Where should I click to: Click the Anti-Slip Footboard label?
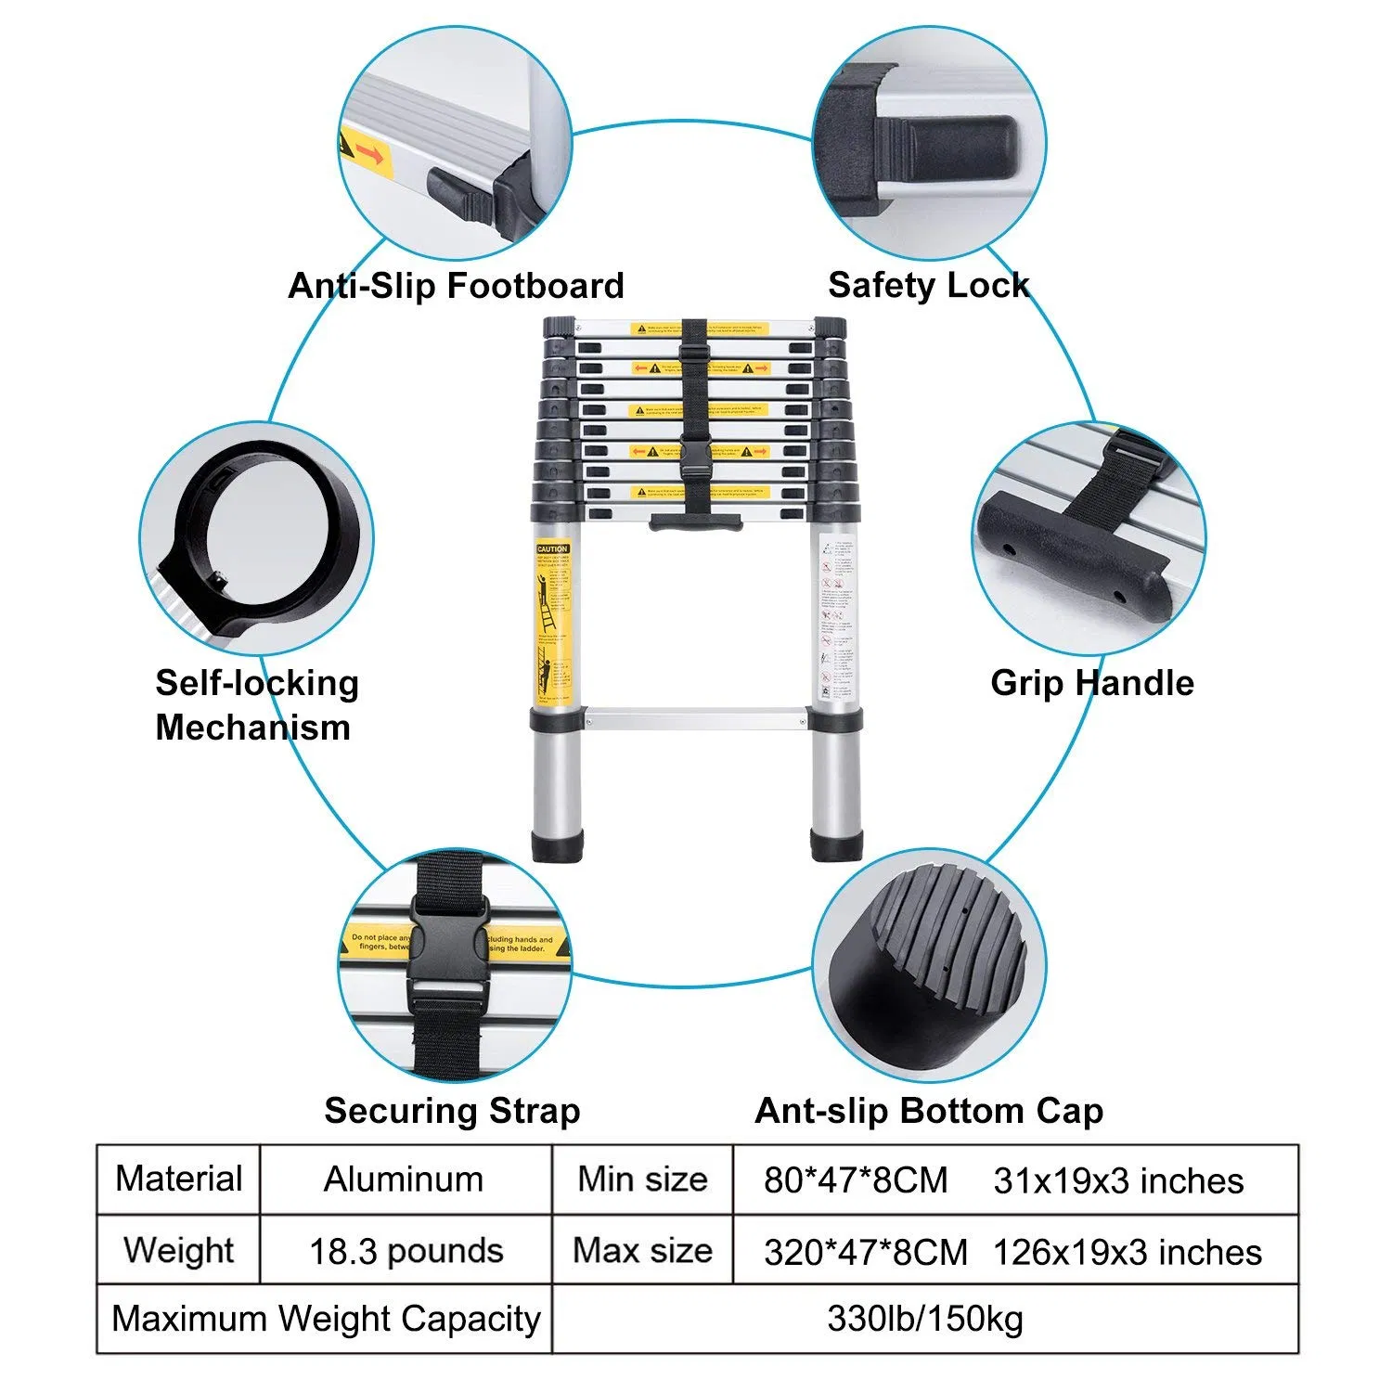click(x=456, y=286)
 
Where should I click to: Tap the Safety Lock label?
click(x=928, y=285)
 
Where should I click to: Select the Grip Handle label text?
click(x=1091, y=683)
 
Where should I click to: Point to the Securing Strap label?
click(x=452, y=1111)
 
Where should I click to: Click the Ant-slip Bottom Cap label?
click(x=929, y=1111)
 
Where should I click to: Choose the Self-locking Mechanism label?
click(x=256, y=705)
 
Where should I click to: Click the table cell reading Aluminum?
click(x=404, y=1179)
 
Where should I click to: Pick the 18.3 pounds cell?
click(x=406, y=1251)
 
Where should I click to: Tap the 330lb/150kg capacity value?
click(x=924, y=1319)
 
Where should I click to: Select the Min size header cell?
click(x=642, y=1179)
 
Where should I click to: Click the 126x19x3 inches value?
click(x=1127, y=1252)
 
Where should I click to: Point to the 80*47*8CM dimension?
click(x=856, y=1180)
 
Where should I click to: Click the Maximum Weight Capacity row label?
click(x=325, y=1319)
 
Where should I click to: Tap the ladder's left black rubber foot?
click(x=558, y=845)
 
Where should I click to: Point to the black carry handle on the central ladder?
click(x=696, y=522)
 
